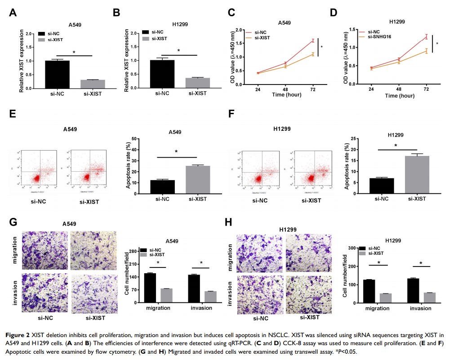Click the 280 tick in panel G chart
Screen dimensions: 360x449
[x=133, y=249]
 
